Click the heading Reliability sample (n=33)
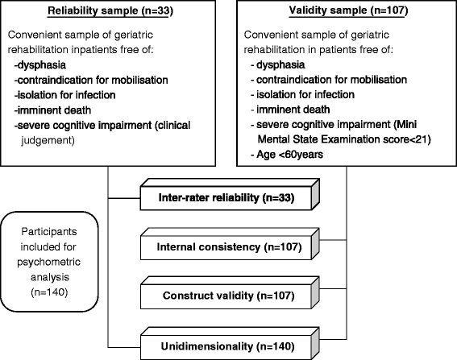click(110, 11)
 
